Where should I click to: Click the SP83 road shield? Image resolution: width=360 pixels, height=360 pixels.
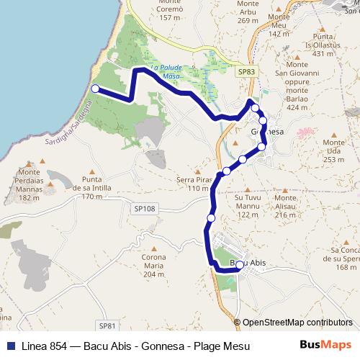coord(246,71)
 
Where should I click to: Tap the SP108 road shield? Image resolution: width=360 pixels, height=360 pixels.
coord(144,208)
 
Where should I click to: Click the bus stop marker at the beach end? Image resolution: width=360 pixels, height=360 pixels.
coord(95,89)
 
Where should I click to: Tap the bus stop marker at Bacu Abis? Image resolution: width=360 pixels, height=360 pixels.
coord(240,264)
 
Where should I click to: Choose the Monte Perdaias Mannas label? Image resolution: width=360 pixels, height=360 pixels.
coord(30,185)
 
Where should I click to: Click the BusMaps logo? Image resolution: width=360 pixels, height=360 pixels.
coord(325,345)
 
